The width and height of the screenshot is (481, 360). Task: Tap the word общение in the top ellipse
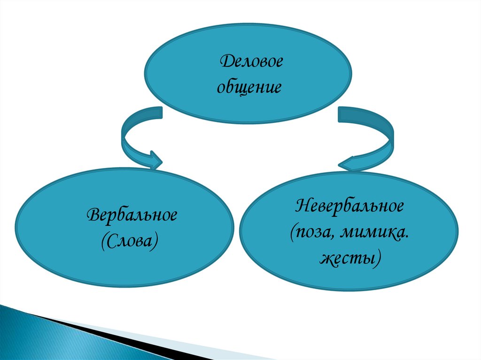click(249, 87)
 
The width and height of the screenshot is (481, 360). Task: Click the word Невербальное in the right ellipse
click(349, 206)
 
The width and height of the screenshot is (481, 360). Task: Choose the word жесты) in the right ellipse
click(349, 258)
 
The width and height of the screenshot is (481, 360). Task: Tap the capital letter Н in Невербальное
click(301, 206)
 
